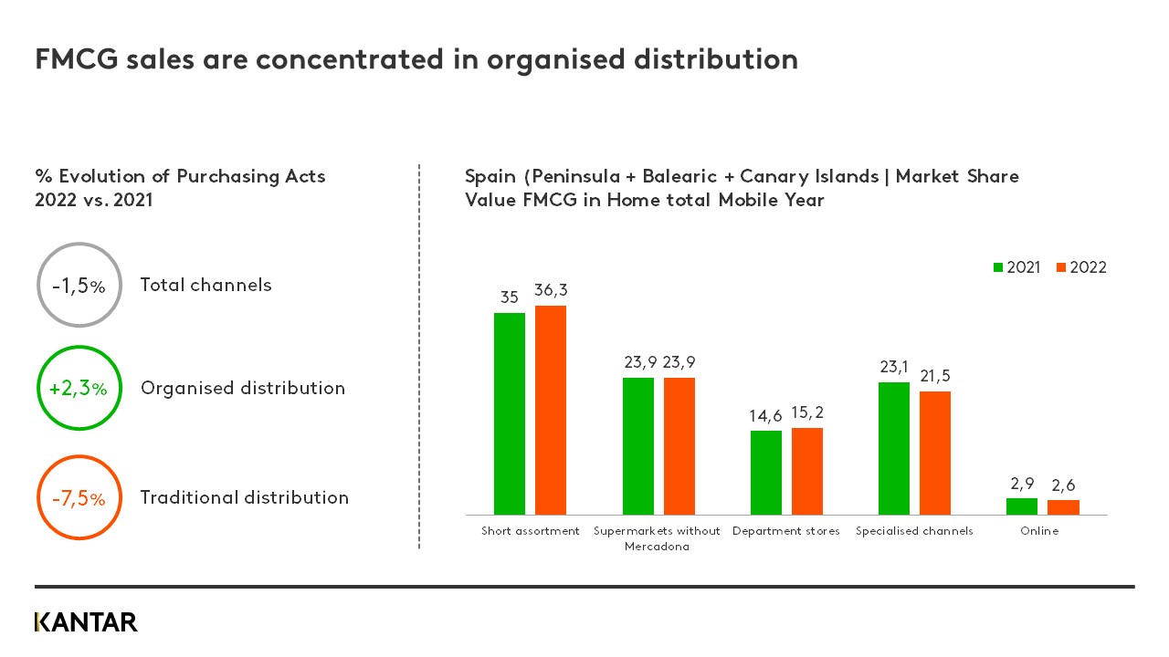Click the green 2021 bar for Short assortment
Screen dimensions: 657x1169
click(510, 413)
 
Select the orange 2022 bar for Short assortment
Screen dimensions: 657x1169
click(551, 410)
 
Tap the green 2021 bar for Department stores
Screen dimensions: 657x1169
click(766, 473)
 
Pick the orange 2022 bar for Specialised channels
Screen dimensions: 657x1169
click(935, 453)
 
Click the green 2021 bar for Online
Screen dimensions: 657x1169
click(1022, 506)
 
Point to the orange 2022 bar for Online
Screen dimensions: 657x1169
click(1063, 507)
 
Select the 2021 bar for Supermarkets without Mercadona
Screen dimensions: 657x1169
click(638, 446)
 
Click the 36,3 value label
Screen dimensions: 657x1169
click(551, 289)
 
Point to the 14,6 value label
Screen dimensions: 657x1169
click(765, 416)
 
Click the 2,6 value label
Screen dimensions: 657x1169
click(1063, 485)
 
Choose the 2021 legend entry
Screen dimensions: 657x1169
click(1016, 267)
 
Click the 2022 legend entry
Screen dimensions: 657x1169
click(1081, 267)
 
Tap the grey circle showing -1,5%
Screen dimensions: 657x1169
click(79, 285)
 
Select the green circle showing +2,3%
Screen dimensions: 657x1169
click(79, 388)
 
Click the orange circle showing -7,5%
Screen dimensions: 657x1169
click(79, 498)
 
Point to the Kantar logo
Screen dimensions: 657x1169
click(86, 622)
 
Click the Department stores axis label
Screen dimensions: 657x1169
click(785, 531)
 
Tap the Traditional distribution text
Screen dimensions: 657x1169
click(244, 497)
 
